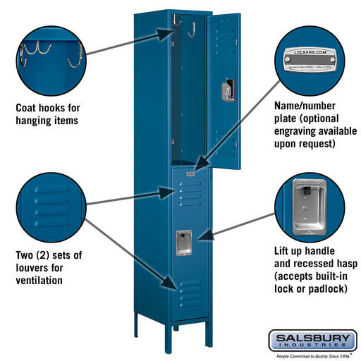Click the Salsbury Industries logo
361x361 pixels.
click(x=311, y=340)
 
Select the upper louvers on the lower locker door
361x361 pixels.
click(x=190, y=194)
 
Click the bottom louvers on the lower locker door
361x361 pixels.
click(x=190, y=291)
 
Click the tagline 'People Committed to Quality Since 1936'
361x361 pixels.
click(x=310, y=355)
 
